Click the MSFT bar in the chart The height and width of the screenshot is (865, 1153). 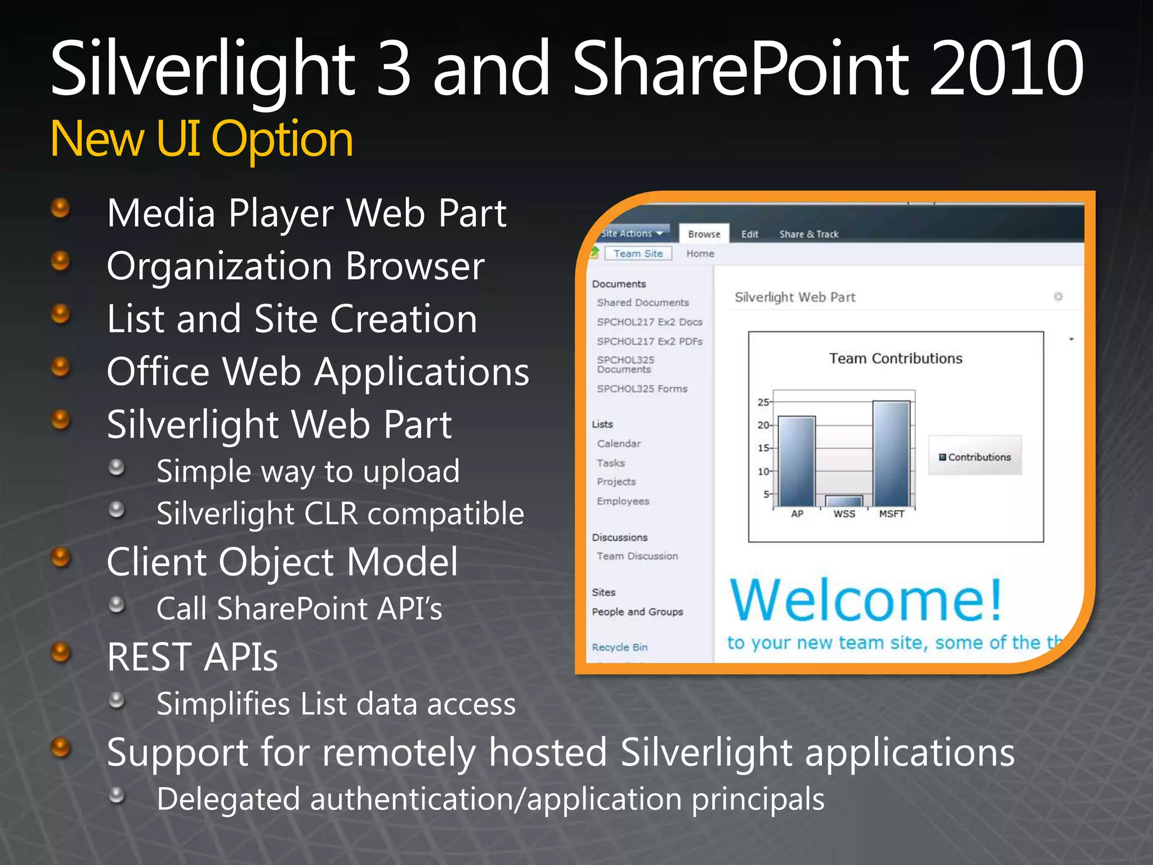pos(891,453)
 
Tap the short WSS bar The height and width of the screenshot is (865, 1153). pos(844,501)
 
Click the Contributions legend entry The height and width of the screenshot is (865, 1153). pos(975,457)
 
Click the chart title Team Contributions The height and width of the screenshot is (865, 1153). pos(895,358)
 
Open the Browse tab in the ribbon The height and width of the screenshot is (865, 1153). pos(704,234)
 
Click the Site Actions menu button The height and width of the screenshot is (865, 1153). pos(631,233)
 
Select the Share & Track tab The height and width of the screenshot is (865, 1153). pos(808,234)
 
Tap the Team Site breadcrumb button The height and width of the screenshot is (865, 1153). pos(638,253)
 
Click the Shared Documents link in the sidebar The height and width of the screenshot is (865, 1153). pos(642,302)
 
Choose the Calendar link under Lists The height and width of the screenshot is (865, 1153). pos(619,443)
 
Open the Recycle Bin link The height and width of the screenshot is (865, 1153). pos(619,647)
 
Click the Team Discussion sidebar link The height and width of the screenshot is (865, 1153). pos(637,556)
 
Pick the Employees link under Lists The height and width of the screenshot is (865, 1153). pos(623,501)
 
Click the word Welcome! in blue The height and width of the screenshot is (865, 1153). pos(866,600)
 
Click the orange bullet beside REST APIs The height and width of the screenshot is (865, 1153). pos(61,653)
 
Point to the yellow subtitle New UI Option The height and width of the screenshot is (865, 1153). pos(202,139)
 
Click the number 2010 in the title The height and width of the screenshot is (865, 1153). pos(1005,69)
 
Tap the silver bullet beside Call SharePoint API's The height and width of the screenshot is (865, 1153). pos(117,605)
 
